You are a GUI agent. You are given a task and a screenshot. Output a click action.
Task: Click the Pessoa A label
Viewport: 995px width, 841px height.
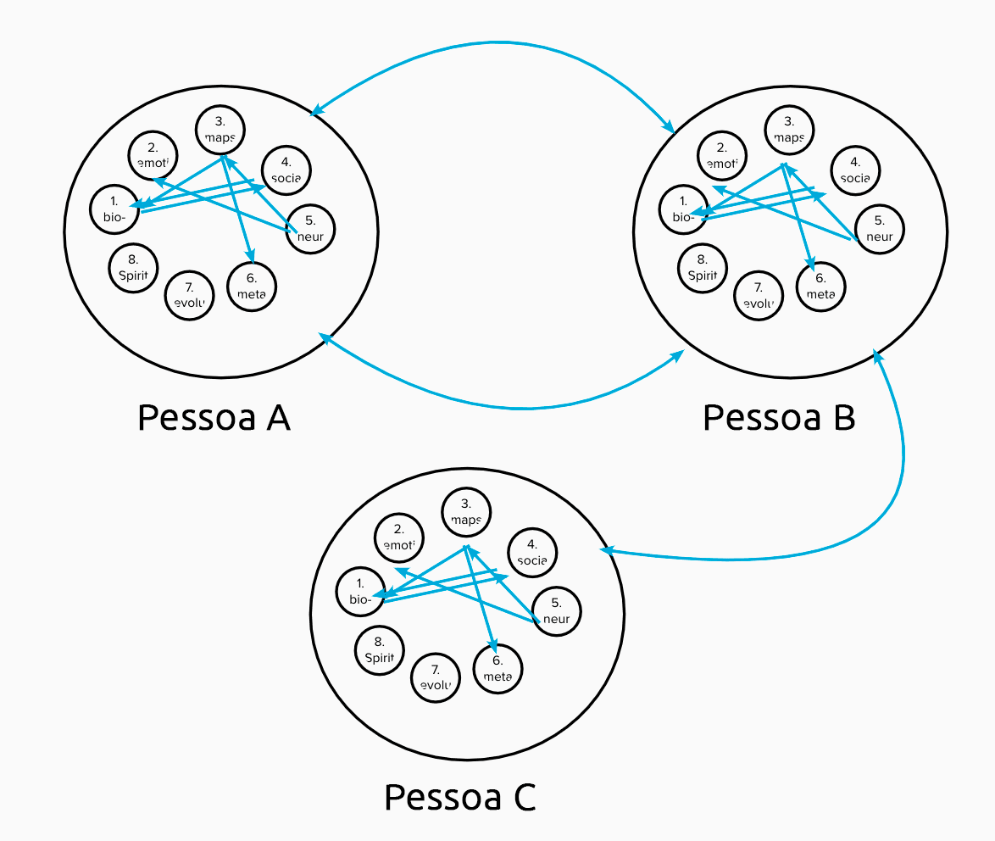214,417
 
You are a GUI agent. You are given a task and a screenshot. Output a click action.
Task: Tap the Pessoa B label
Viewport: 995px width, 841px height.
779,417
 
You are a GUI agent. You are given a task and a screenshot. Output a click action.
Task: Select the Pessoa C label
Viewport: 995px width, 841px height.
460,797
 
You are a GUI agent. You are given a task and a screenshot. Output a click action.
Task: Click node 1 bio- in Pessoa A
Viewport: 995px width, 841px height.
115,208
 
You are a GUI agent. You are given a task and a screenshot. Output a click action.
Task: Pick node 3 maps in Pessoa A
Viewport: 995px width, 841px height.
220,129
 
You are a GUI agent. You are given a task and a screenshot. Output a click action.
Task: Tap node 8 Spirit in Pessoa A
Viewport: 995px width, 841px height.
134,268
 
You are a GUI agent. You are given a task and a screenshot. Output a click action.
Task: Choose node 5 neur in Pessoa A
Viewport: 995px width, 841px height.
310,228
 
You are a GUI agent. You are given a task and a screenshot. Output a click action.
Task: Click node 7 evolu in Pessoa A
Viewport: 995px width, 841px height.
189,296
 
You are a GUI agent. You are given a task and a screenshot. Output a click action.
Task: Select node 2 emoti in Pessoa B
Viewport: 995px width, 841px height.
722,156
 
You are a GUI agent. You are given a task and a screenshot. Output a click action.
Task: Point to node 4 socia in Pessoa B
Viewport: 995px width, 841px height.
854,170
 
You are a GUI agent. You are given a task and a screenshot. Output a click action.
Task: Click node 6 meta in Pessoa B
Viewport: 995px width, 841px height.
820,287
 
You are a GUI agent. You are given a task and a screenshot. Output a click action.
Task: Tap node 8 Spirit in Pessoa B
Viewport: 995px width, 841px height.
703,268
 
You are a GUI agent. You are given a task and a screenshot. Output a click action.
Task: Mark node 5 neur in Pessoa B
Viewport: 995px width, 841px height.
879,228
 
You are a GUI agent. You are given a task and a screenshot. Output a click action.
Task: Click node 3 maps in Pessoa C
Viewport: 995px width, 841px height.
466,512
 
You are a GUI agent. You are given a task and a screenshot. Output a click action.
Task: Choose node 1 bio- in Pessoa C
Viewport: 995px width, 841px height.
360,591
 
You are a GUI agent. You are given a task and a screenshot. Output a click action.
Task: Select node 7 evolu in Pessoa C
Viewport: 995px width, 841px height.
435,677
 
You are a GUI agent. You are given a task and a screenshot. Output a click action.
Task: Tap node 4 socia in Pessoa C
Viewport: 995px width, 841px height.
532,552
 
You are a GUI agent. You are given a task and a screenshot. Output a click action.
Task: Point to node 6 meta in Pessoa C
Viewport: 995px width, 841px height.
497,669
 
